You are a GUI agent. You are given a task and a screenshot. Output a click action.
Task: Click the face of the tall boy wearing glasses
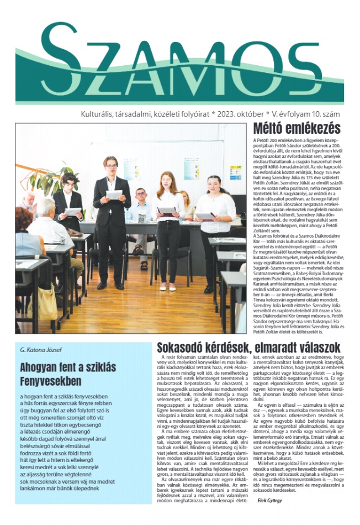[x=111, y=164]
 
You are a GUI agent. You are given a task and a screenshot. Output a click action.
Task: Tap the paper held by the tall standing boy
[x=114, y=195]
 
